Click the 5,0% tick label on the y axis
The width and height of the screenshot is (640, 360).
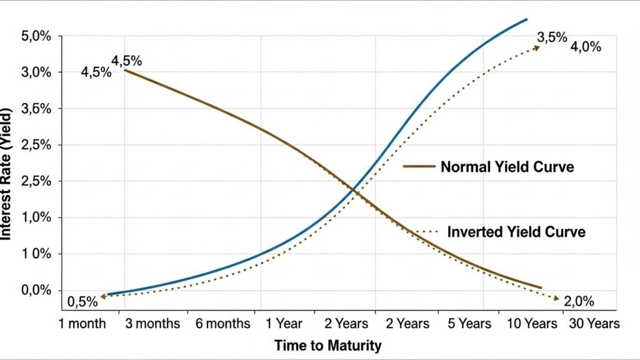point(36,36)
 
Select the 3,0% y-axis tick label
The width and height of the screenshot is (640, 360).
point(36,72)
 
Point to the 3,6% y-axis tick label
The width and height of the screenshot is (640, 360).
point(36,109)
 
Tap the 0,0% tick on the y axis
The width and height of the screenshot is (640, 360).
point(36,290)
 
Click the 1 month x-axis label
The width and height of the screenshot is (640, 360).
point(82,324)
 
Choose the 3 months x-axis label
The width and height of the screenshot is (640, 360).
point(151,324)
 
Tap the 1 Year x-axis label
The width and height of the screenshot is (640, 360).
point(284,324)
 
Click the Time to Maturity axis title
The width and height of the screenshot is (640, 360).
point(327,345)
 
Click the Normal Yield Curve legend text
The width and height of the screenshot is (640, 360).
point(507,167)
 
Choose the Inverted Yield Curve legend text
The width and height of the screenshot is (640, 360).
point(516,232)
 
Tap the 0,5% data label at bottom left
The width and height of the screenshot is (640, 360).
point(83,302)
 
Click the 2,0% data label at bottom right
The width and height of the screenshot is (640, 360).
point(579,302)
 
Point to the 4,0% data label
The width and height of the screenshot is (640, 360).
point(586,46)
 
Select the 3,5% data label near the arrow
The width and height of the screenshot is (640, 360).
point(552,37)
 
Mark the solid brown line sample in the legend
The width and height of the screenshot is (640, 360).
point(418,167)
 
